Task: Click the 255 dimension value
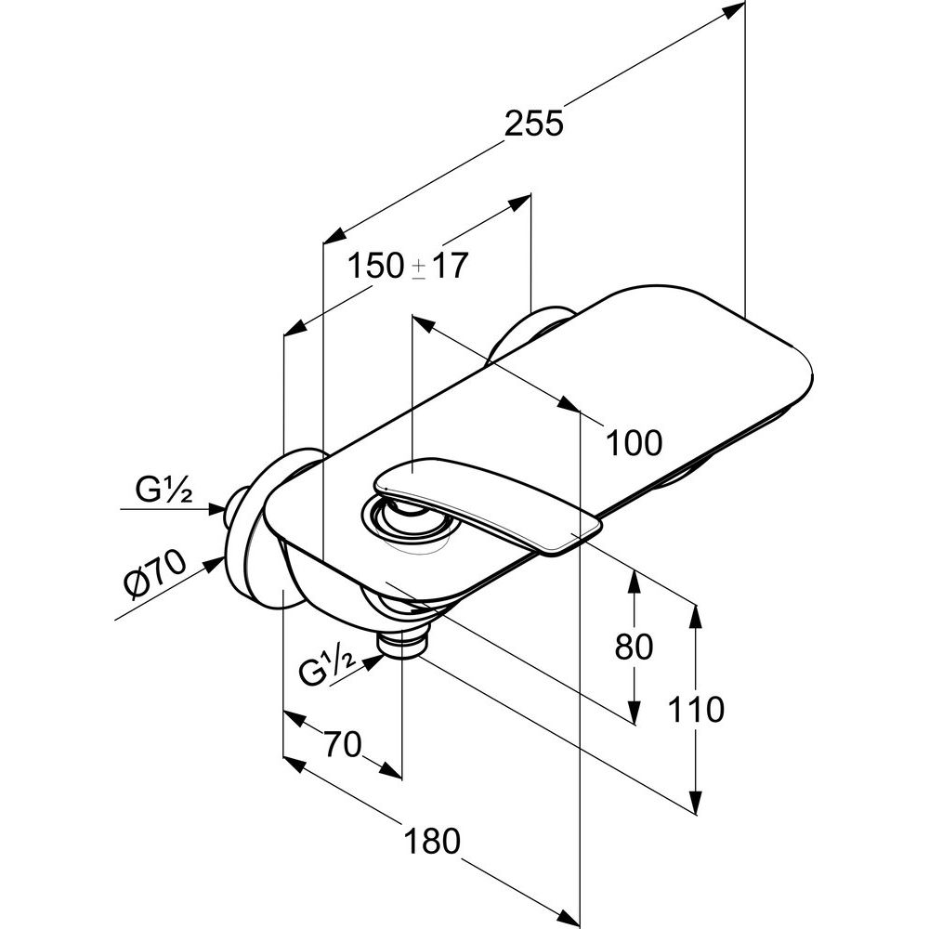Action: coord(534,124)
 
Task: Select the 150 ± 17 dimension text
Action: coord(408,266)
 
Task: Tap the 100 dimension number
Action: coord(634,442)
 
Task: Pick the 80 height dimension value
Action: coord(634,647)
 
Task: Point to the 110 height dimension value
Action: coord(696,709)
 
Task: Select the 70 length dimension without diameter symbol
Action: coord(342,744)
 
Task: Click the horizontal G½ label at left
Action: coord(163,490)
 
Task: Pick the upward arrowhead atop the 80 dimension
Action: coord(635,582)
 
